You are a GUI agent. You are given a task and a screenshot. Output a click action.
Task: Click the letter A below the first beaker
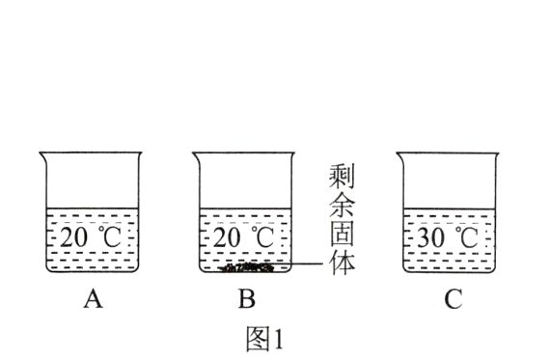tap(93, 300)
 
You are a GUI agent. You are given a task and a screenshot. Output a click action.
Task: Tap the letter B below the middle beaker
tap(246, 300)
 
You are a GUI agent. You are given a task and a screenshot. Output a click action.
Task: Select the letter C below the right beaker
tap(453, 300)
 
